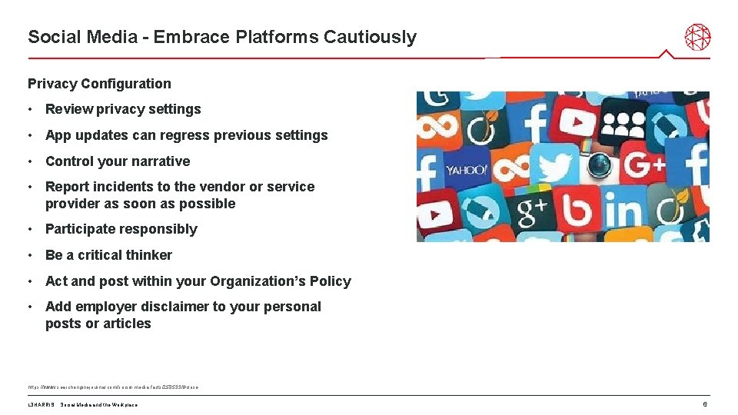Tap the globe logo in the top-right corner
(x=697, y=37)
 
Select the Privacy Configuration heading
(x=99, y=84)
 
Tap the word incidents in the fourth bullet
(x=119, y=187)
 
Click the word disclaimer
(x=161, y=307)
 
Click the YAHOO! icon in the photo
(x=466, y=170)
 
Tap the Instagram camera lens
(x=599, y=164)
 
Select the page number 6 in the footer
(x=704, y=404)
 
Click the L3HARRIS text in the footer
(x=40, y=405)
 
